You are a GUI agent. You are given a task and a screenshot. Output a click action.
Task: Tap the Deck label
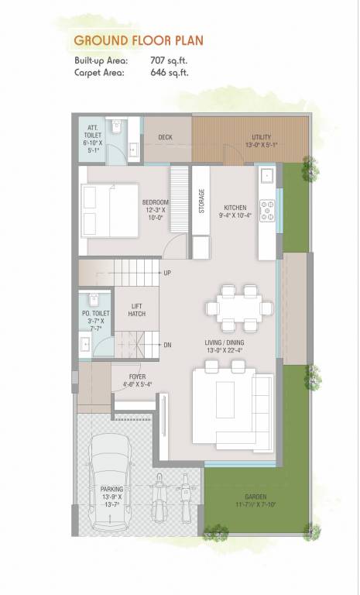165,137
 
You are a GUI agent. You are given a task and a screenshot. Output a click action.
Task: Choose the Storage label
201,201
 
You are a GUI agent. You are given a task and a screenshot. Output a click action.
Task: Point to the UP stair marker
167,273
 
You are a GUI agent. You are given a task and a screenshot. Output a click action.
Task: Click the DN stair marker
167,345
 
